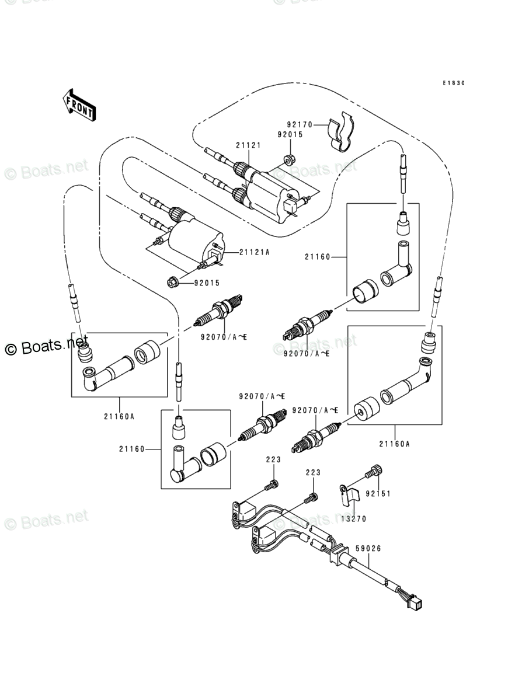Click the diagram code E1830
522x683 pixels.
(454, 83)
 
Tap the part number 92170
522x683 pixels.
(300, 124)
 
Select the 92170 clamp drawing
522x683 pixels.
(341, 131)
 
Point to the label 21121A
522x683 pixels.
(254, 252)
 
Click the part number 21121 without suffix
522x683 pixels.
(248, 145)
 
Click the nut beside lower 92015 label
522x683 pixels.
(173, 283)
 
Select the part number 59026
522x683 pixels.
(368, 549)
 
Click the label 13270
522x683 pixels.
(353, 519)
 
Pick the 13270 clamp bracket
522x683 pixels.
(349, 496)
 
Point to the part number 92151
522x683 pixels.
(378, 494)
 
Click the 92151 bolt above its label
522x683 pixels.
(377, 471)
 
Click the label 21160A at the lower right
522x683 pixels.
(394, 444)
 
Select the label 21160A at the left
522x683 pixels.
(119, 416)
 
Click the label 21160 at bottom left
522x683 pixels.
(131, 449)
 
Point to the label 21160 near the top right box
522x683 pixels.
(318, 257)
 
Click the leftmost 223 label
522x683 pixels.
(274, 459)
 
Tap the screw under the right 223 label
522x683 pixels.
(312, 496)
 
